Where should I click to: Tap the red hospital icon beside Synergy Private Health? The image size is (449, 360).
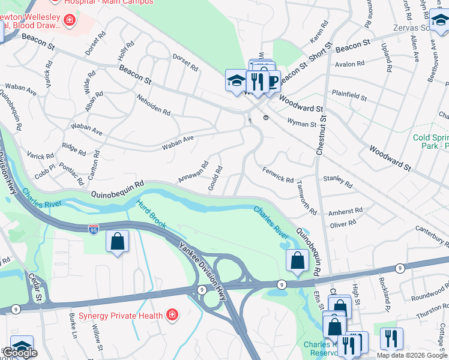(x=172, y=315)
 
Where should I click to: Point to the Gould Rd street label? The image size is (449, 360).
(x=215, y=179)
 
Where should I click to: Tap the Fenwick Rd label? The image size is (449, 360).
(x=278, y=175)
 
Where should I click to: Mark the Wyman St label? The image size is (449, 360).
(x=302, y=124)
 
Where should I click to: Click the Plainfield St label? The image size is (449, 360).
(x=349, y=95)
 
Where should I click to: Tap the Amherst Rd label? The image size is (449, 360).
(x=346, y=212)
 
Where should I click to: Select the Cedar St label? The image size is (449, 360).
(x=35, y=287)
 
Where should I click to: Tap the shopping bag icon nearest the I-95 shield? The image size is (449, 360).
(x=117, y=242)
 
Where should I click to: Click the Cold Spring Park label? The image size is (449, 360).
(x=431, y=142)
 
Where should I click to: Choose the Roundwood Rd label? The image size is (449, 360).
(x=430, y=294)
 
